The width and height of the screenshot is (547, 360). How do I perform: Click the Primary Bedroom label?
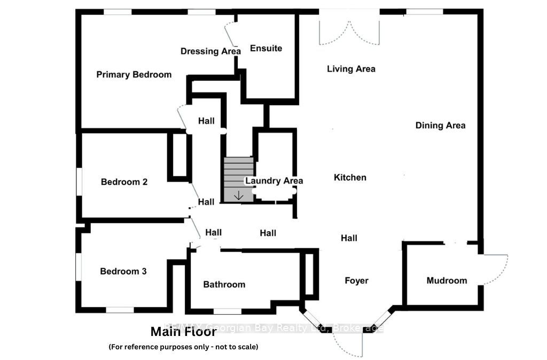pos(134,75)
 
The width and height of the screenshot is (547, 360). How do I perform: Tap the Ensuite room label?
pos(266,49)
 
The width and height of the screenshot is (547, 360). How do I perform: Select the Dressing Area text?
pos(210,51)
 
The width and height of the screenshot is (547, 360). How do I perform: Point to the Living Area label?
pos(351,69)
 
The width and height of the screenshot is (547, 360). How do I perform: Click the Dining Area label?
pos(440,126)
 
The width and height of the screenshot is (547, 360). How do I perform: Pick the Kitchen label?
pos(350,177)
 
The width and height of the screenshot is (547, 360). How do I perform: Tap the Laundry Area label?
pos(274,181)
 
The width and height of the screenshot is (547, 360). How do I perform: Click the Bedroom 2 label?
pos(124,182)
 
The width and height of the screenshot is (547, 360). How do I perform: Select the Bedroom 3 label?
pos(123,271)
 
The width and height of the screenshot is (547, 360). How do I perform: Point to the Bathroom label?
pos(224,285)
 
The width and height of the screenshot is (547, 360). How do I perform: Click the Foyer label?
pos(356,280)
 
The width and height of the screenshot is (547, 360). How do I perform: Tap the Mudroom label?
pos(447,280)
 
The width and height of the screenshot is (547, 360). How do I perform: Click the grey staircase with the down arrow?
pos(238,179)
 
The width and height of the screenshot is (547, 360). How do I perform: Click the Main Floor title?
pos(183,332)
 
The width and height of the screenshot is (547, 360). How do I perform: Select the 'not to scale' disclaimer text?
pos(183,347)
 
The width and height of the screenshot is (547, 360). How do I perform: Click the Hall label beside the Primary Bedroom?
pos(206,121)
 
